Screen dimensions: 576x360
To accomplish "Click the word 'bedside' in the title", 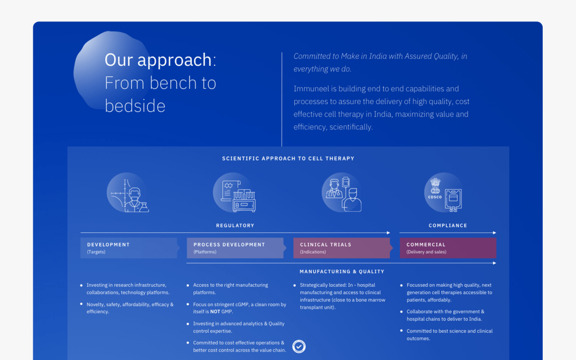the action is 135,106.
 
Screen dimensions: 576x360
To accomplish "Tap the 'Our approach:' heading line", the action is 160,60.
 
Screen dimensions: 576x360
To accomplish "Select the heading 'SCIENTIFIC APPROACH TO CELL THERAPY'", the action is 288,158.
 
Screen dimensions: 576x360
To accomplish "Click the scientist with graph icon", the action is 128,193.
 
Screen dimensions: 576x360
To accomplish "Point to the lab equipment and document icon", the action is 235,193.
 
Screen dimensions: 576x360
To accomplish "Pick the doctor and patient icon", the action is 341,193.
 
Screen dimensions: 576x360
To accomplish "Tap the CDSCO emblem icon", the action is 443,193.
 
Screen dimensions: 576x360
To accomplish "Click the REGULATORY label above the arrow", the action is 235,226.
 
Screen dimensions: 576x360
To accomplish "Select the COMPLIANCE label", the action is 448,226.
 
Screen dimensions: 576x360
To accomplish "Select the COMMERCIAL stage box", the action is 448,248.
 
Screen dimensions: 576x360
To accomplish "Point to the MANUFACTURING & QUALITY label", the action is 342,272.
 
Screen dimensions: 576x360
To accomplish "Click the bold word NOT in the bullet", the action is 215,312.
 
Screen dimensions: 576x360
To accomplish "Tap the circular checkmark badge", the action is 299,346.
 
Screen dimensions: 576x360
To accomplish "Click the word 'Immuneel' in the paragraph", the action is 308,89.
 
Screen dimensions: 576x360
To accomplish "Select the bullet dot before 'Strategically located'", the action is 295,285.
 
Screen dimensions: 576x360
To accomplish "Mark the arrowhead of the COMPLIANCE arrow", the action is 494,232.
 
